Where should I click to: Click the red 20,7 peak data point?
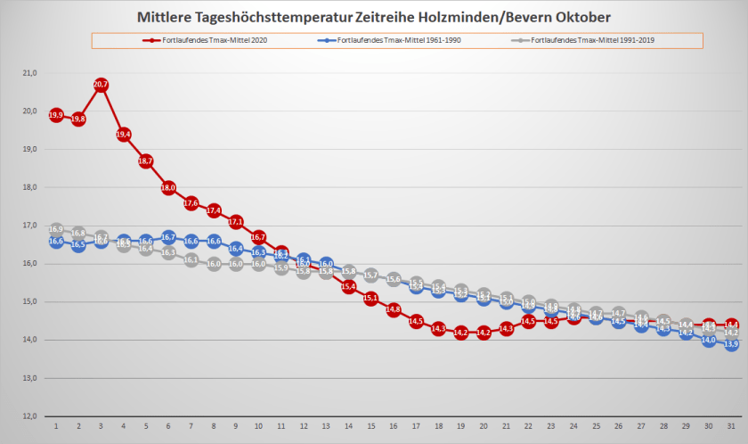pos(101,85)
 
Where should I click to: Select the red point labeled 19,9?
pos(56,115)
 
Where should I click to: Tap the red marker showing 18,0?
pos(168,187)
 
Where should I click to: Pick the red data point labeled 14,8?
pos(393,309)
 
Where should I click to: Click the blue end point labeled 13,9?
pos(730,344)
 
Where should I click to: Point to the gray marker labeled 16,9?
pos(56,229)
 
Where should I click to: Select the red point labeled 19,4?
pos(124,135)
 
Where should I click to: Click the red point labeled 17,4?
pos(214,210)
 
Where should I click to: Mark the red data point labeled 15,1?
pos(370,298)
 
